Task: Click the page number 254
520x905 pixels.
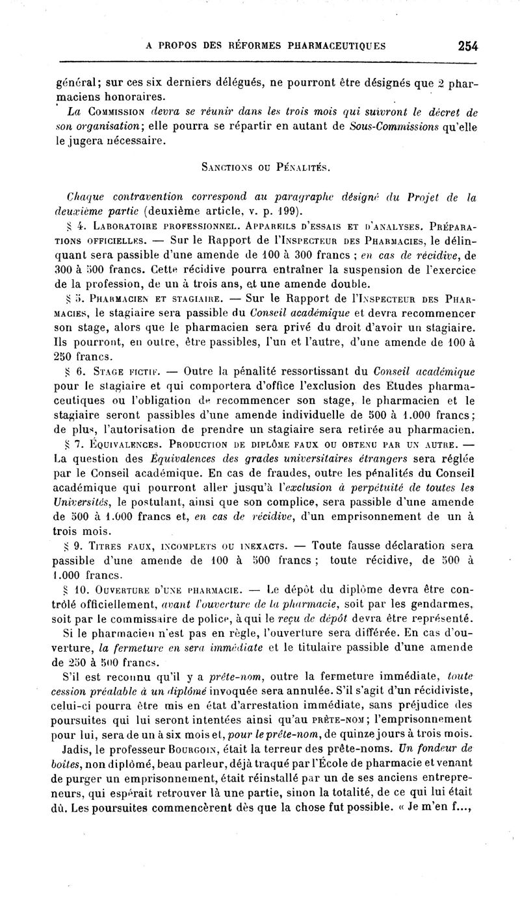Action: [467, 45]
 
